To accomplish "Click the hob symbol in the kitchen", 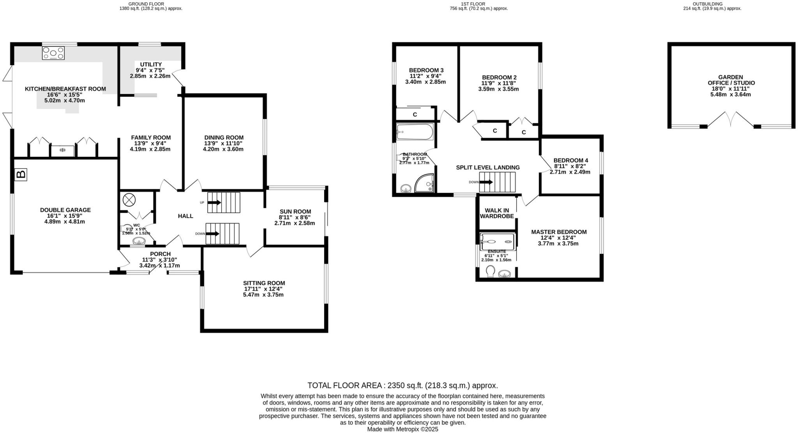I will pyautogui.click(x=53, y=53).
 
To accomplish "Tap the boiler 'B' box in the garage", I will pyautogui.click(x=21, y=174).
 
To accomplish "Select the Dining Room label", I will pyautogui.click(x=224, y=137).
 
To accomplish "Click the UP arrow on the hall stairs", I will pyautogui.click(x=214, y=202).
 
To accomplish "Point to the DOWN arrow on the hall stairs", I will pyautogui.click(x=213, y=234).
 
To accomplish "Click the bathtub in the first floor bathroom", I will pyautogui.click(x=415, y=132).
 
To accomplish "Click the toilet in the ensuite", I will pyautogui.click(x=491, y=272).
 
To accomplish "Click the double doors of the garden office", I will pyautogui.click(x=731, y=119).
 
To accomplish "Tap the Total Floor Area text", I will pyautogui.click(x=403, y=385).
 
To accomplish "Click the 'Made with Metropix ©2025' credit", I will pyautogui.click(x=403, y=429).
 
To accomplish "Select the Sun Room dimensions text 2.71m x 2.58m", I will pyautogui.click(x=295, y=223).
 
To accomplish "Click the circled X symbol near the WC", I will pyautogui.click(x=129, y=200).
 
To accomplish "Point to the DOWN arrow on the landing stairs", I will pyautogui.click(x=486, y=182).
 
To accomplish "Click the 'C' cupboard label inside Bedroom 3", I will pyautogui.click(x=415, y=114).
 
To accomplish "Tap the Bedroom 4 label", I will pyautogui.click(x=570, y=160).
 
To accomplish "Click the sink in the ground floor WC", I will pyautogui.click(x=139, y=241).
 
